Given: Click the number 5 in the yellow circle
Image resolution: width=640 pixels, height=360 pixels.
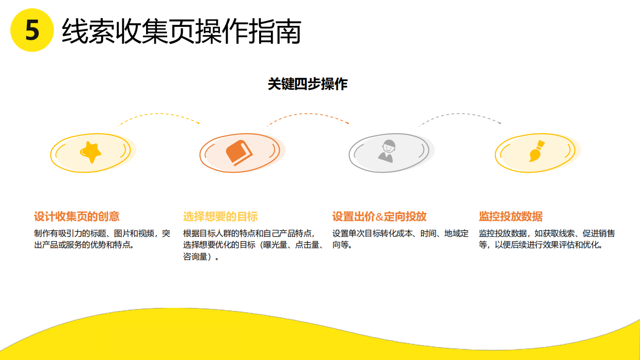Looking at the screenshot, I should tap(32, 30).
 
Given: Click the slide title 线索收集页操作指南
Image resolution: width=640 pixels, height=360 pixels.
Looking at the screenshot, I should tap(181, 32).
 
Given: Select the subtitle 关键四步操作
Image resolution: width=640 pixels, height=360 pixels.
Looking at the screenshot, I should tap(308, 84).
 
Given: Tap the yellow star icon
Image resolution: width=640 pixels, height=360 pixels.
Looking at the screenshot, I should tap(91, 151).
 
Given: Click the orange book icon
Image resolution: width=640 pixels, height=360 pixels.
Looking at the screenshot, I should tap(238, 152).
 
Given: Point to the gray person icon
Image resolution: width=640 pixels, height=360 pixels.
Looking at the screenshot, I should tap(387, 150).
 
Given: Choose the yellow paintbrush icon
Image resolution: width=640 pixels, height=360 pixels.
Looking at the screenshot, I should tap(535, 152).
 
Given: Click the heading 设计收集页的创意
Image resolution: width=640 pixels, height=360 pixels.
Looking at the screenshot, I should tap(76, 216).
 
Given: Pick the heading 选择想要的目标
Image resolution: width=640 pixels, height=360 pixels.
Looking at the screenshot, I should tap(220, 216).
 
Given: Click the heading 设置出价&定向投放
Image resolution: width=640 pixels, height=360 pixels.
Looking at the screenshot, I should tap(379, 216).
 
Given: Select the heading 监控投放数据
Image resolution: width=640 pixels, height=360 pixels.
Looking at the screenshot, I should tap(510, 216).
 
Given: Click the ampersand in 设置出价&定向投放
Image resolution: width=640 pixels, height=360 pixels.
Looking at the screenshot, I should tap(379, 217).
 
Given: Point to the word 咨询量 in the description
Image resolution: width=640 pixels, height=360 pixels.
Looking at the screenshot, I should tap(195, 257).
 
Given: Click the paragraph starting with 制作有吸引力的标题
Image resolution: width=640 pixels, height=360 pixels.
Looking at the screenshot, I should tap(102, 239).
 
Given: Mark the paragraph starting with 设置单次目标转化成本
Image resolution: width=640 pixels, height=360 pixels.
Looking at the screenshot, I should tap(401, 239).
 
